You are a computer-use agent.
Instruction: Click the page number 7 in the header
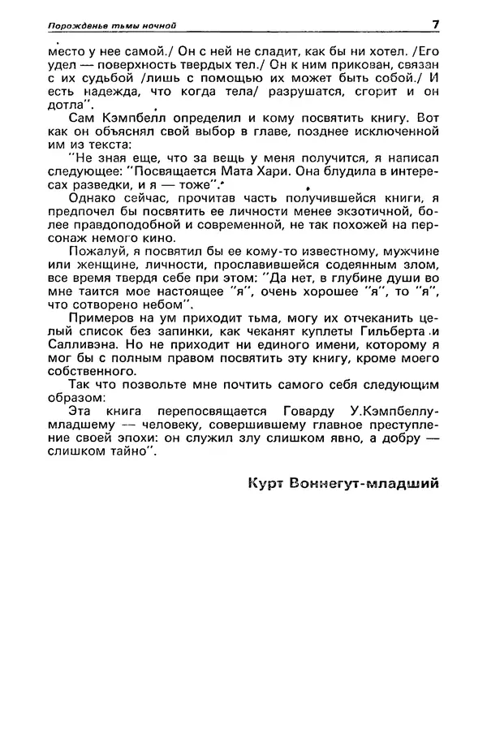click(436, 24)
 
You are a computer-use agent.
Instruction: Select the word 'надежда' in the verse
click(101, 92)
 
